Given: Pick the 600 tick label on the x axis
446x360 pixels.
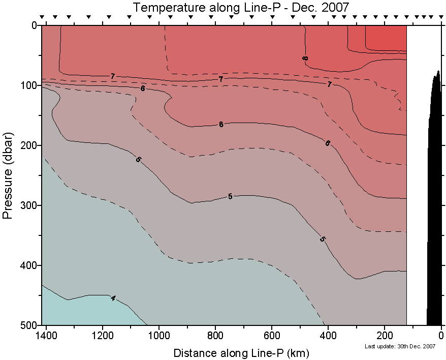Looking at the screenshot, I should coord(272,336).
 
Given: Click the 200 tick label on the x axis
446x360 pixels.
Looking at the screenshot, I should coord(385,336).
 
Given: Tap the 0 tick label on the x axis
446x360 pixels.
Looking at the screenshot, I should coord(441,336).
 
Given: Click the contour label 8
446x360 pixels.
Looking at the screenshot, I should coord(305,58).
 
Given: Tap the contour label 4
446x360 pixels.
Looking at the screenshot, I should coord(113,298).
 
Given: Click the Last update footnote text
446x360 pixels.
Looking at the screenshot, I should coord(400,346).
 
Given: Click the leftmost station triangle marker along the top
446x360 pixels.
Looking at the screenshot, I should coord(42,17).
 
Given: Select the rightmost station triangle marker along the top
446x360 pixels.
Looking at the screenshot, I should coord(439,17).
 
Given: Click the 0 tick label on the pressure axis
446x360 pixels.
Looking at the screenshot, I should coord(34,25).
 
